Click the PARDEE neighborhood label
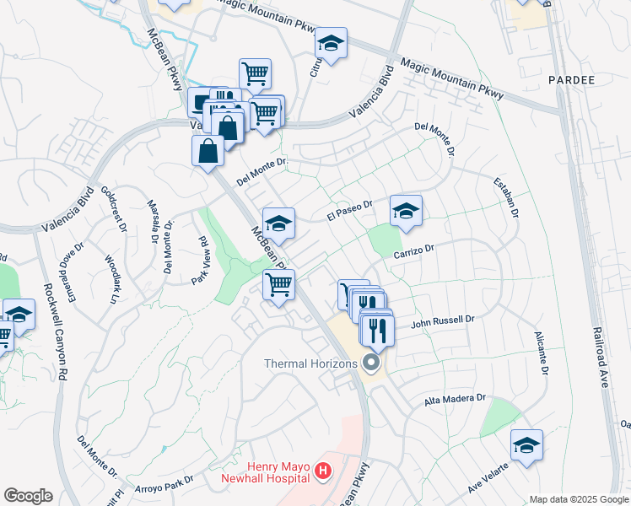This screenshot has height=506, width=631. click(571, 80)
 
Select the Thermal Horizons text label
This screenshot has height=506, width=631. click(312, 363)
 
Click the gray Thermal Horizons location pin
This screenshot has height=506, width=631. click(370, 363)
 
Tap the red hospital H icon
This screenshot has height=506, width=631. click(321, 472)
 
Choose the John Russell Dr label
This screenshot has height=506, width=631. click(444, 321)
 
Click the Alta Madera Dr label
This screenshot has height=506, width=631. click(456, 398)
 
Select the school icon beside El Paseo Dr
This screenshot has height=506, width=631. click(406, 213)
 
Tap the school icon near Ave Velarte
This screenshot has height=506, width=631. click(526, 446)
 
